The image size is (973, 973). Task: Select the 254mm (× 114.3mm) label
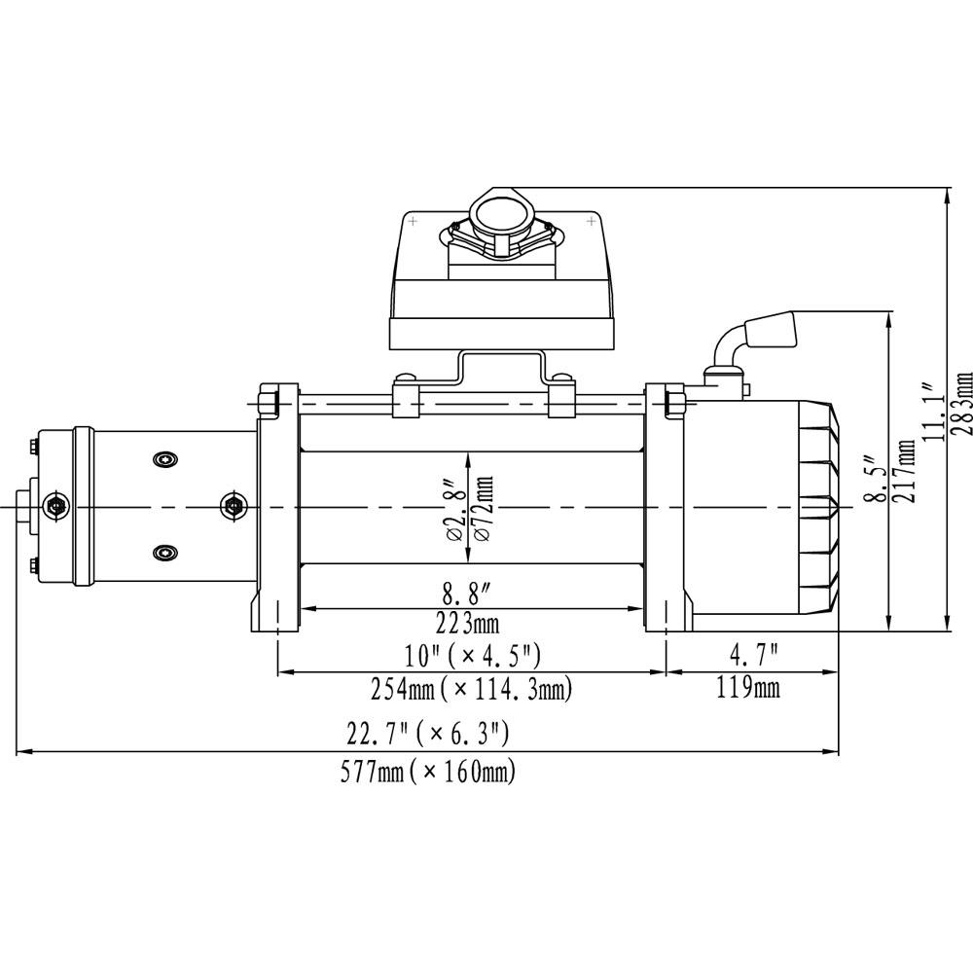coord(471,689)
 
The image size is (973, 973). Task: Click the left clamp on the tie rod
coord(406,398)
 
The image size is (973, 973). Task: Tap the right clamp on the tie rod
coord(561,398)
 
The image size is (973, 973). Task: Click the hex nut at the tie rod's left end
coord(270,400)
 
